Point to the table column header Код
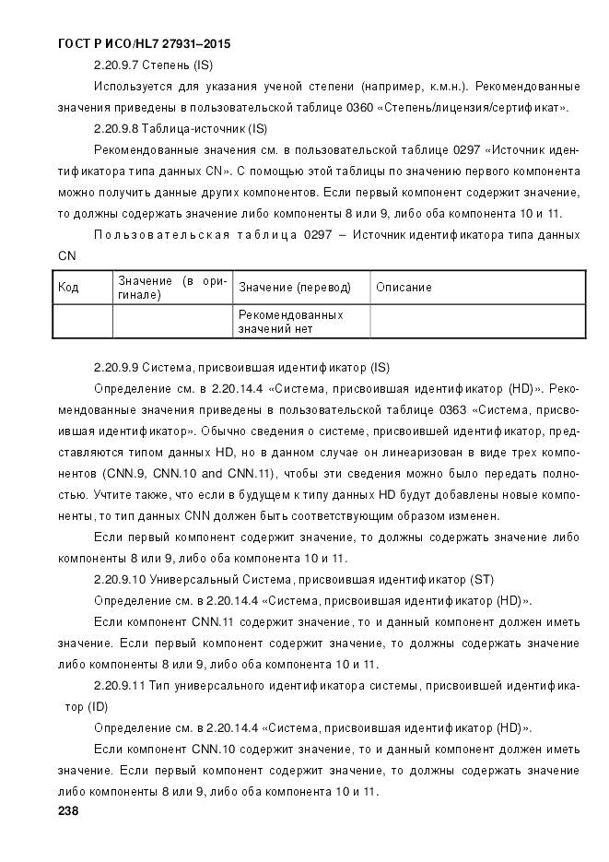coord(68,288)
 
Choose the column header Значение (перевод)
coord(295,288)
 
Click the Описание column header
coord(404,288)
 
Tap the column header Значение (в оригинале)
coord(171,287)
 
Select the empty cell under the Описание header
coord(477,321)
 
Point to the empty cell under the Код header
coord(83,321)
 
